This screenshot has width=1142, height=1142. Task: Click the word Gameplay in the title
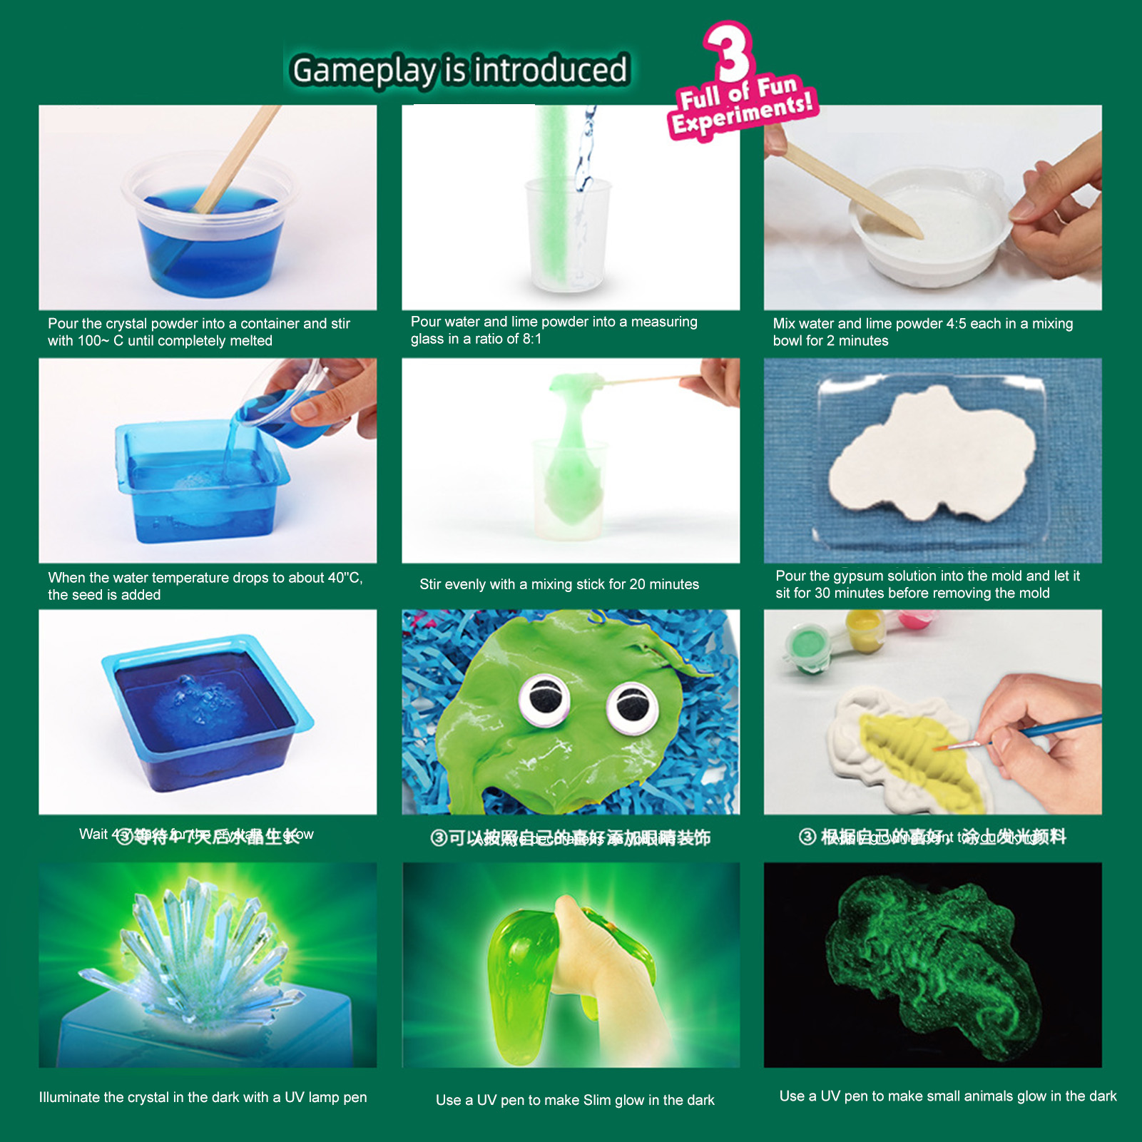point(363,71)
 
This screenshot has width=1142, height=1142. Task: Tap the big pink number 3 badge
point(729,51)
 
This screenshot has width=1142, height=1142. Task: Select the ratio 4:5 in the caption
point(956,324)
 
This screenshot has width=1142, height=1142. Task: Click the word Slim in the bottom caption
point(596,1101)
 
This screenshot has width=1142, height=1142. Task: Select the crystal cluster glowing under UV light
point(200,949)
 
